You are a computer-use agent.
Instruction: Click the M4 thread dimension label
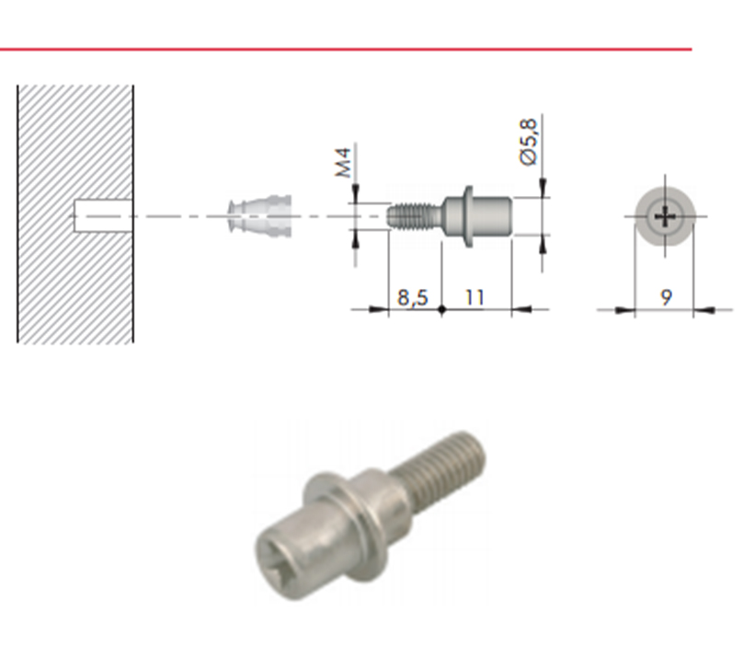pyautogui.click(x=344, y=163)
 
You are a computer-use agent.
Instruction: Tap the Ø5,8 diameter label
pyautogui.click(x=530, y=142)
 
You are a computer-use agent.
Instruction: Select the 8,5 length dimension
pyautogui.click(x=413, y=297)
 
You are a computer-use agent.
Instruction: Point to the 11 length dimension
pyautogui.click(x=475, y=297)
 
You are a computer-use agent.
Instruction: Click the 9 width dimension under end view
pyautogui.click(x=666, y=297)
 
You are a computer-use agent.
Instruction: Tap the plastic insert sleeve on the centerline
pyautogui.click(x=260, y=216)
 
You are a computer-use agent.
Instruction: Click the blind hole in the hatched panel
pyautogui.click(x=103, y=216)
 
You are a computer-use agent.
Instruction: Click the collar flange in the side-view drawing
pyautogui.click(x=468, y=216)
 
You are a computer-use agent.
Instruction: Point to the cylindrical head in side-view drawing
pyautogui.click(x=492, y=216)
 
